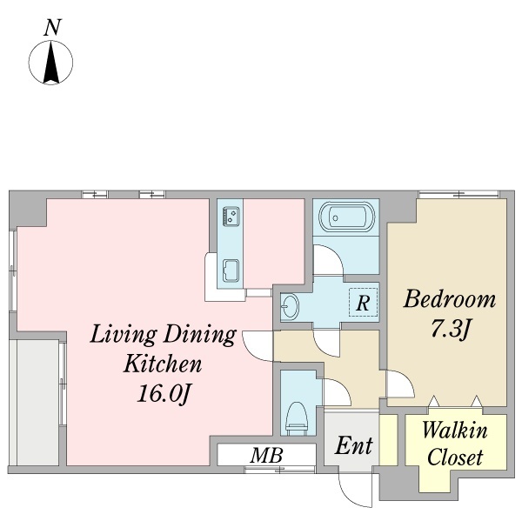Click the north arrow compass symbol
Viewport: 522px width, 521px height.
50,63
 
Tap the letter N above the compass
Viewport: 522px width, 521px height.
52,27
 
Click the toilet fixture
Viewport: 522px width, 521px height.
296,418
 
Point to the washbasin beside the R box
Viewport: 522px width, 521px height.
290,306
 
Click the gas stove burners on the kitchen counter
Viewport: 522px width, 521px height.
231,216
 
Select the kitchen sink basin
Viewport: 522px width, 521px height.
231,271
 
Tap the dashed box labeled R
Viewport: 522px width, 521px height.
363,303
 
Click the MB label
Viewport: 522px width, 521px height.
267,455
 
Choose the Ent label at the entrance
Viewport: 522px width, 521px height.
353,445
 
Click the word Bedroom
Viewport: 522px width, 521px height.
450,298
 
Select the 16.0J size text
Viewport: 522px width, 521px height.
164,394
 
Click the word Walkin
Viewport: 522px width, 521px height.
455,431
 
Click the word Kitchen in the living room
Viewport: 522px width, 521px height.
163,364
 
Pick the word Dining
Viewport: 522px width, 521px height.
200,336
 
